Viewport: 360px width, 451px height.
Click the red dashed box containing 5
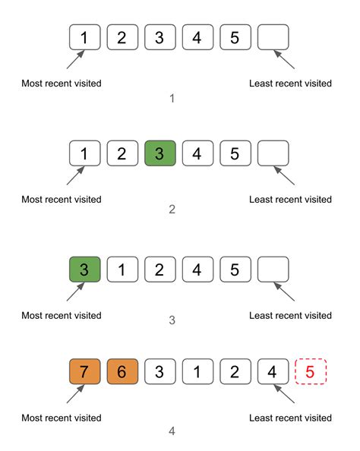pyautogui.click(x=311, y=372)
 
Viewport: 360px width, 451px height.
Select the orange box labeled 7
pyautogui.click(x=84, y=372)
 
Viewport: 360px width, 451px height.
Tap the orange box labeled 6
pyautogui.click(x=122, y=372)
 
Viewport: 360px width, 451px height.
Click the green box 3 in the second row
pyautogui.click(x=159, y=153)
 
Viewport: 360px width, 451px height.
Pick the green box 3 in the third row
pyautogui.click(x=84, y=270)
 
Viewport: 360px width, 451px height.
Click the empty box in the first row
pyautogui.click(x=273, y=37)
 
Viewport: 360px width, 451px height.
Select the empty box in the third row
pyautogui.click(x=273, y=270)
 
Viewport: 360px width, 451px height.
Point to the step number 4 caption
pyautogui.click(x=172, y=431)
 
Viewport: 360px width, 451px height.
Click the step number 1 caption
pyautogui.click(x=172, y=99)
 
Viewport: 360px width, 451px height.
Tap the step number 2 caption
pyautogui.click(x=172, y=209)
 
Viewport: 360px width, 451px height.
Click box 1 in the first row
pyautogui.click(x=84, y=37)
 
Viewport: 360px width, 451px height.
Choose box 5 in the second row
pyautogui.click(x=235, y=153)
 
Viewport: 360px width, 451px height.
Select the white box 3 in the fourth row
pyautogui.click(x=159, y=372)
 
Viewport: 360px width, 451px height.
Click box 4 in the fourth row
pyautogui.click(x=273, y=372)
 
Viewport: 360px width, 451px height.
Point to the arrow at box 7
pyautogui.click(x=75, y=396)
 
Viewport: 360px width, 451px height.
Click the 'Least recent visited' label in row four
pyautogui.click(x=290, y=418)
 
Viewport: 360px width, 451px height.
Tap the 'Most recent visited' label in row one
pyautogui.click(x=62, y=83)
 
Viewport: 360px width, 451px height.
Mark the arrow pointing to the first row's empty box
pyautogui.click(x=283, y=60)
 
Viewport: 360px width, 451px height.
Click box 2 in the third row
pyautogui.click(x=159, y=270)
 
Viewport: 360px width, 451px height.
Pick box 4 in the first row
pyautogui.click(x=197, y=37)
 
